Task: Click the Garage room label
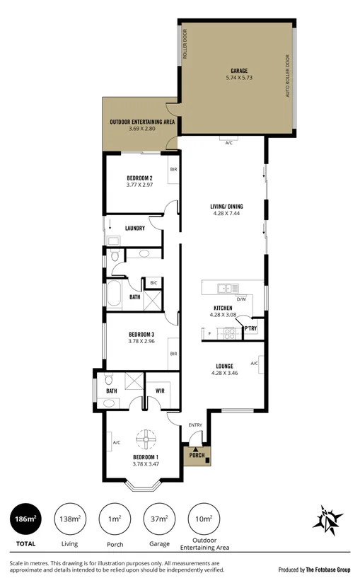pyautogui.click(x=239, y=71)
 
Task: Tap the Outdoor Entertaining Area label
pyautogui.click(x=141, y=122)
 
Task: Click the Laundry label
pyautogui.click(x=134, y=228)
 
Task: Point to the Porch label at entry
pyautogui.click(x=196, y=456)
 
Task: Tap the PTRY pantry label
pyautogui.click(x=250, y=329)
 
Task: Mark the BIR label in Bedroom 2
pyautogui.click(x=173, y=170)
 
